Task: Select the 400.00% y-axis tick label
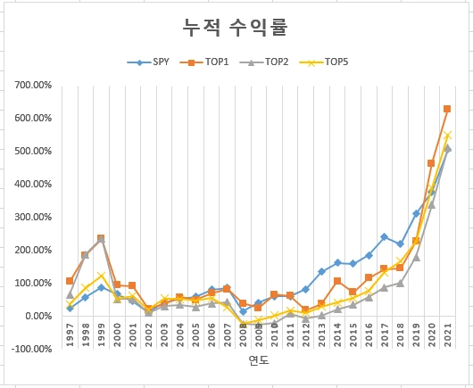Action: coord(32,184)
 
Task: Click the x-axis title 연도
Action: coord(259,361)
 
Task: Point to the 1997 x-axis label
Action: coord(70,336)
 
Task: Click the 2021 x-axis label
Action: coord(447,336)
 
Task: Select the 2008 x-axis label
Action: coord(243,336)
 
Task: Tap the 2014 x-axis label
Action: coord(337,336)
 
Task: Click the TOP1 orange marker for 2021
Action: coord(447,109)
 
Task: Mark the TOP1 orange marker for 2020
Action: coord(431,163)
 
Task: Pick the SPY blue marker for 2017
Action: coord(384,236)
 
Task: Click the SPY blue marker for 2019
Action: coord(416,213)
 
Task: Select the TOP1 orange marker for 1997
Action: coord(70,281)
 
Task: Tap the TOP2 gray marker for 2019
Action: coord(416,257)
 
